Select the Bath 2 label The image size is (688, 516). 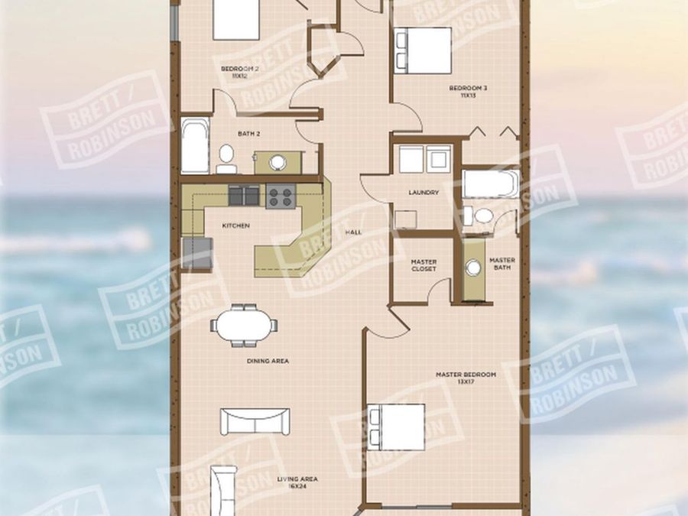[248, 134]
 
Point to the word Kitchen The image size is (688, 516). [235, 226]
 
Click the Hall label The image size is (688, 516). [353, 232]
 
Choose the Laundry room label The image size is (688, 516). [423, 193]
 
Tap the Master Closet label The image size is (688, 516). [424, 265]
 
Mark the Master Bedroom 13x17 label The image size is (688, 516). [466, 377]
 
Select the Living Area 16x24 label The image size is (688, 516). [297, 482]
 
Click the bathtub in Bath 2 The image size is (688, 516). [195, 145]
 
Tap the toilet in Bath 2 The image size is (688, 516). [226, 157]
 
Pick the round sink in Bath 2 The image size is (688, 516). [277, 162]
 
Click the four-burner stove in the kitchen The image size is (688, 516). [281, 197]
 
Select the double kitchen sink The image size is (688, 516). [245, 196]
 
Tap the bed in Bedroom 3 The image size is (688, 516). [423, 50]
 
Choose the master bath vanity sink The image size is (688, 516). [474, 267]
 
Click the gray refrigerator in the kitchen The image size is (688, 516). [196, 253]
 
